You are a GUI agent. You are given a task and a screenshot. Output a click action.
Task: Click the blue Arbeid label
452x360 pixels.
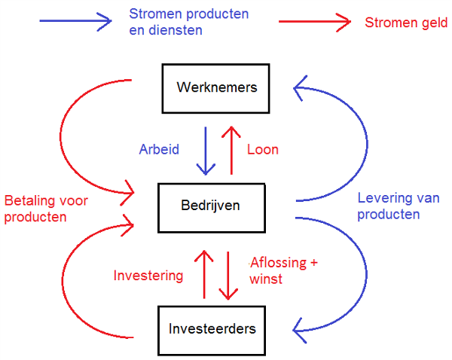tap(159, 149)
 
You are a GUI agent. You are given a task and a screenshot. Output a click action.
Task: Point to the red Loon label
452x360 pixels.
tap(263, 150)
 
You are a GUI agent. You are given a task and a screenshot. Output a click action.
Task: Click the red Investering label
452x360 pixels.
tap(148, 276)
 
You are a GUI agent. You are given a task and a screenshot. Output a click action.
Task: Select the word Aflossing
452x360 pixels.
tap(278, 263)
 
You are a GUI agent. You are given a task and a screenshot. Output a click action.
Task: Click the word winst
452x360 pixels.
tap(266, 279)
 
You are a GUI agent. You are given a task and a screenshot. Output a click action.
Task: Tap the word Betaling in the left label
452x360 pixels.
tap(31, 200)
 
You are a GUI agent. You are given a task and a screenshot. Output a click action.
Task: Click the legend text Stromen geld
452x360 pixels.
tap(406, 23)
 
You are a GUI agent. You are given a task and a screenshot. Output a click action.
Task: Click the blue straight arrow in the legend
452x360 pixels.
tap(75, 21)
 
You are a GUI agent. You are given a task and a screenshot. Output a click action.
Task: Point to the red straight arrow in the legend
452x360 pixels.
tap(315, 22)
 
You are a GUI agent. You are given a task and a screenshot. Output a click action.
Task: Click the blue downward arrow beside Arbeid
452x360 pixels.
tap(206, 151)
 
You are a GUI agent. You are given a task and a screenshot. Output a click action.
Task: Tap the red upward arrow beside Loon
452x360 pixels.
tap(231, 151)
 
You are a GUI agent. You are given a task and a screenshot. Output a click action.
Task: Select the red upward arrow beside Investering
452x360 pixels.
tap(204, 274)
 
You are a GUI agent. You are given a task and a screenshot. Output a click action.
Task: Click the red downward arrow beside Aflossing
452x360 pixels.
tap(228, 276)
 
